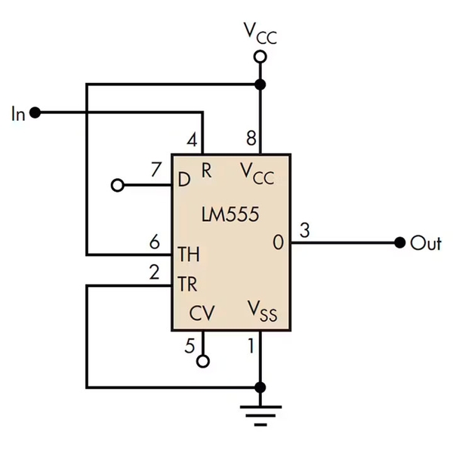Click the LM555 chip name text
point(230,214)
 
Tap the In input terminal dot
point(35,113)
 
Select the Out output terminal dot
point(399,243)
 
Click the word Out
point(425,243)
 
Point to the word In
point(18,114)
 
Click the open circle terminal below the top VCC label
point(260,57)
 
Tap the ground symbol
point(260,412)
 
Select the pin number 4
point(193,140)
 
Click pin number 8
point(251,140)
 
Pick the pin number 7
point(156,170)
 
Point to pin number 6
point(154,242)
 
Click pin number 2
point(154,273)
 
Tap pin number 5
point(190,346)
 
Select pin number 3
point(304,230)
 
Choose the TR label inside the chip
point(187,285)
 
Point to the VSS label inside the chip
point(262,311)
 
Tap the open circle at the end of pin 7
point(116,185)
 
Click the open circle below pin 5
point(202,362)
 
